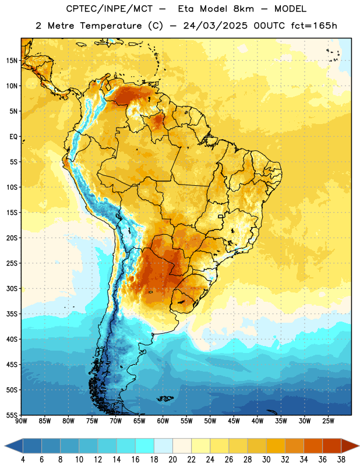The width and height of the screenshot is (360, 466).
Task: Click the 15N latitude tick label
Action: pyautogui.click(x=12, y=61)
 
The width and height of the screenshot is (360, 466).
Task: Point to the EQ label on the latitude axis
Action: pyautogui.click(x=13, y=137)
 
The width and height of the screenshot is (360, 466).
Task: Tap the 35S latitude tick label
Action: pyautogui.click(x=12, y=314)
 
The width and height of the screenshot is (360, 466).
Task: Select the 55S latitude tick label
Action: pyautogui.click(x=12, y=415)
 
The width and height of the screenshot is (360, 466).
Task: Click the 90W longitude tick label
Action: pyautogui.click(x=21, y=421)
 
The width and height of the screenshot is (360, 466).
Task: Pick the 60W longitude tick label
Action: pyautogui.click(x=163, y=421)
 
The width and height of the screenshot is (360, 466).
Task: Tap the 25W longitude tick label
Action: pyautogui.click(x=328, y=421)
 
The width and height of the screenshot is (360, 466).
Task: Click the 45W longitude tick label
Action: pyautogui.click(x=234, y=421)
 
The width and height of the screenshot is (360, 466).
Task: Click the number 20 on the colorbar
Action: pyautogui.click(x=172, y=460)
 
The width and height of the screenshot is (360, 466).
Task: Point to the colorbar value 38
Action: pyautogui.click(x=341, y=460)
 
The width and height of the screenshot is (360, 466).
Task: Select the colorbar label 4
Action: pyautogui.click(x=23, y=460)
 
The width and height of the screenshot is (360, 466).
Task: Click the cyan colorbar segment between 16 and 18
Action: pyautogui.click(x=144, y=446)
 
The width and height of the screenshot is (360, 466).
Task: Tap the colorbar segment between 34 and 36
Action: pyautogui.click(x=313, y=446)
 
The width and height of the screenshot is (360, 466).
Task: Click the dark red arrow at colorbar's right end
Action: pyautogui.click(x=350, y=446)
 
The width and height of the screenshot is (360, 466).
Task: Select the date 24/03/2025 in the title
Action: pyautogui.click(x=215, y=26)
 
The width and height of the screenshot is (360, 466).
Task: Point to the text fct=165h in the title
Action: pyautogui.click(x=314, y=26)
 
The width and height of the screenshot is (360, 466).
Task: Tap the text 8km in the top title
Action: pyautogui.click(x=243, y=9)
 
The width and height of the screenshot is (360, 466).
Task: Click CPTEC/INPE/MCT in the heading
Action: pyautogui.click(x=110, y=9)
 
